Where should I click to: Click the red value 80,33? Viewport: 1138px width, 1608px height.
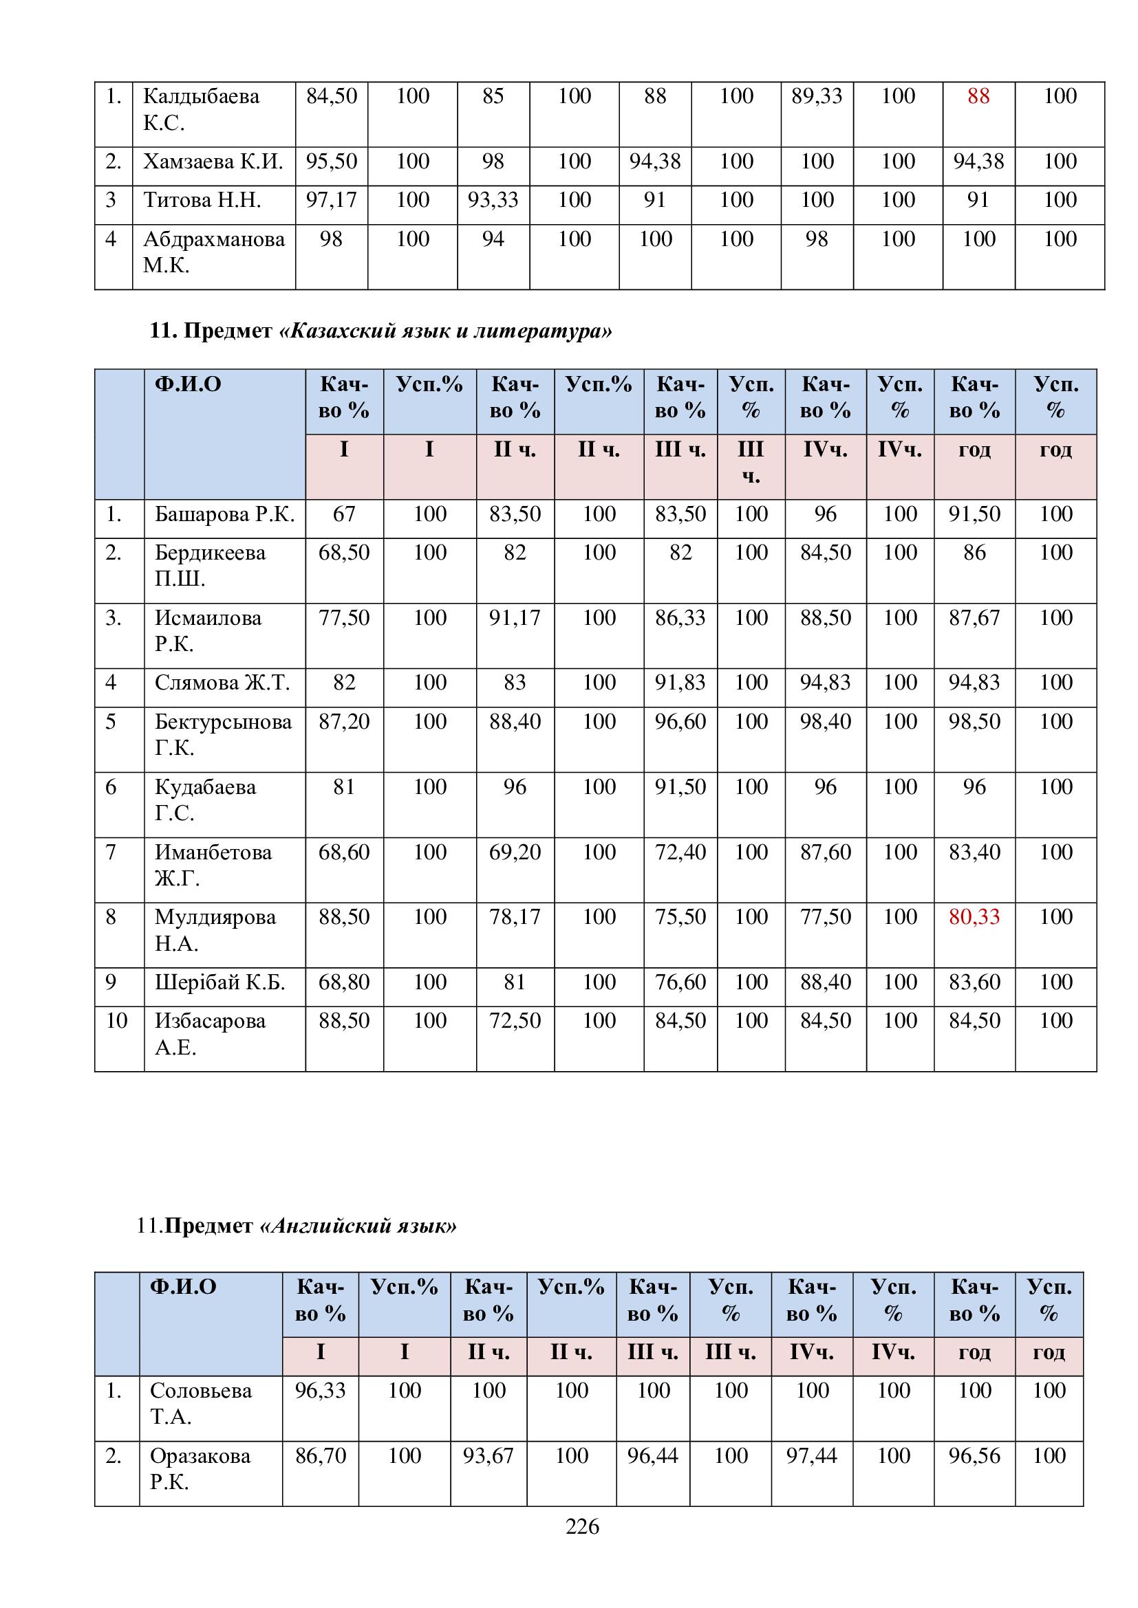974,917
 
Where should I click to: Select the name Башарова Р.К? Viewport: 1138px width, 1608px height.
224,515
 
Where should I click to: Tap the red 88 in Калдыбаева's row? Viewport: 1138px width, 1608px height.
978,97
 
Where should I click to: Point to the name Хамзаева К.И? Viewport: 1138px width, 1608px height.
213,162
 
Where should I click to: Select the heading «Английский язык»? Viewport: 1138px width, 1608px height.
358,1226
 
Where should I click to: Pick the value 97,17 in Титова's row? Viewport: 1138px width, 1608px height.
332,200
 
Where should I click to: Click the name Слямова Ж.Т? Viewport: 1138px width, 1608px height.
222,683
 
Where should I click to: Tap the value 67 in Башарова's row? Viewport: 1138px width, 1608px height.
344,515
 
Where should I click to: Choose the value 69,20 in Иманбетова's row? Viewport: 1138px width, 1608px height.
515,852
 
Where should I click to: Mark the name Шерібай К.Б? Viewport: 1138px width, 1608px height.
220,982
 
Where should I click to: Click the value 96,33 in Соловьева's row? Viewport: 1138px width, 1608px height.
320,1390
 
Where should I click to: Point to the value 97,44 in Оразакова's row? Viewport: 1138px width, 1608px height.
811,1456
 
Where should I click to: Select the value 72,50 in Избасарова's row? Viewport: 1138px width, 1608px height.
515,1020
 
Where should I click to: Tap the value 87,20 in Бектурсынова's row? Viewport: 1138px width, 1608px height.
344,722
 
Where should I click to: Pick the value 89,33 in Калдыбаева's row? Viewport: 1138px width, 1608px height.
817,97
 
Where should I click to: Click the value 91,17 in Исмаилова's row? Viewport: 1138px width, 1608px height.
515,618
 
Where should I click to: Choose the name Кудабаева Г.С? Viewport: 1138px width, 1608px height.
205,800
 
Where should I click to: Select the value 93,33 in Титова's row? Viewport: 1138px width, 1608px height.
493,200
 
